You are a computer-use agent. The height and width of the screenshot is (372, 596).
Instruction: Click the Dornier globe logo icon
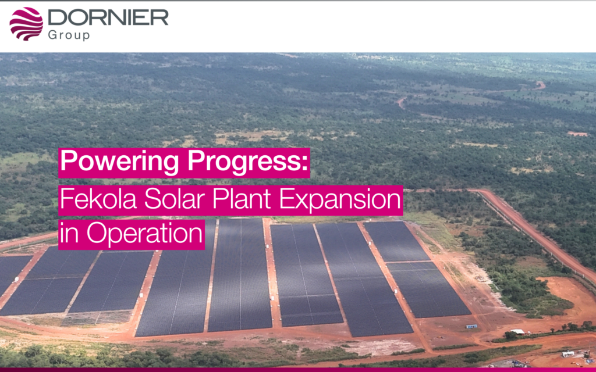click(26, 23)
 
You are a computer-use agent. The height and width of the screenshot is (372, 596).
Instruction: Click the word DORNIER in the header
click(108, 17)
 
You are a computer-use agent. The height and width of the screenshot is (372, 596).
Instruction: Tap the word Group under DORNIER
click(69, 35)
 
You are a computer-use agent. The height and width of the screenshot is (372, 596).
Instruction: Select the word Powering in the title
click(120, 162)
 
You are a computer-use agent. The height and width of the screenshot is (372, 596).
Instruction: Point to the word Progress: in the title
click(247, 162)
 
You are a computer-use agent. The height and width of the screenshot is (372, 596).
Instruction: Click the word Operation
click(144, 234)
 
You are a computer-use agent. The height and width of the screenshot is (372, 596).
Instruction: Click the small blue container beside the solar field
click(471, 326)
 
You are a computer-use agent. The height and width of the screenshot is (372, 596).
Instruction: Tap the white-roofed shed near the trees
click(517, 332)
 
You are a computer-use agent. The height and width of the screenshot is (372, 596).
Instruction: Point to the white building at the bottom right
click(568, 354)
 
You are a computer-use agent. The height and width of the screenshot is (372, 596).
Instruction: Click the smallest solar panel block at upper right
click(396, 241)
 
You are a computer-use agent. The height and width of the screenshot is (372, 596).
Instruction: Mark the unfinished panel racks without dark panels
click(97, 317)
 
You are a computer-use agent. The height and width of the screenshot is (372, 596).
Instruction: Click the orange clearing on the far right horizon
click(577, 134)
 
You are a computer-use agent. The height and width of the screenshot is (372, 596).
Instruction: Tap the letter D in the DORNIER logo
click(58, 17)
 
